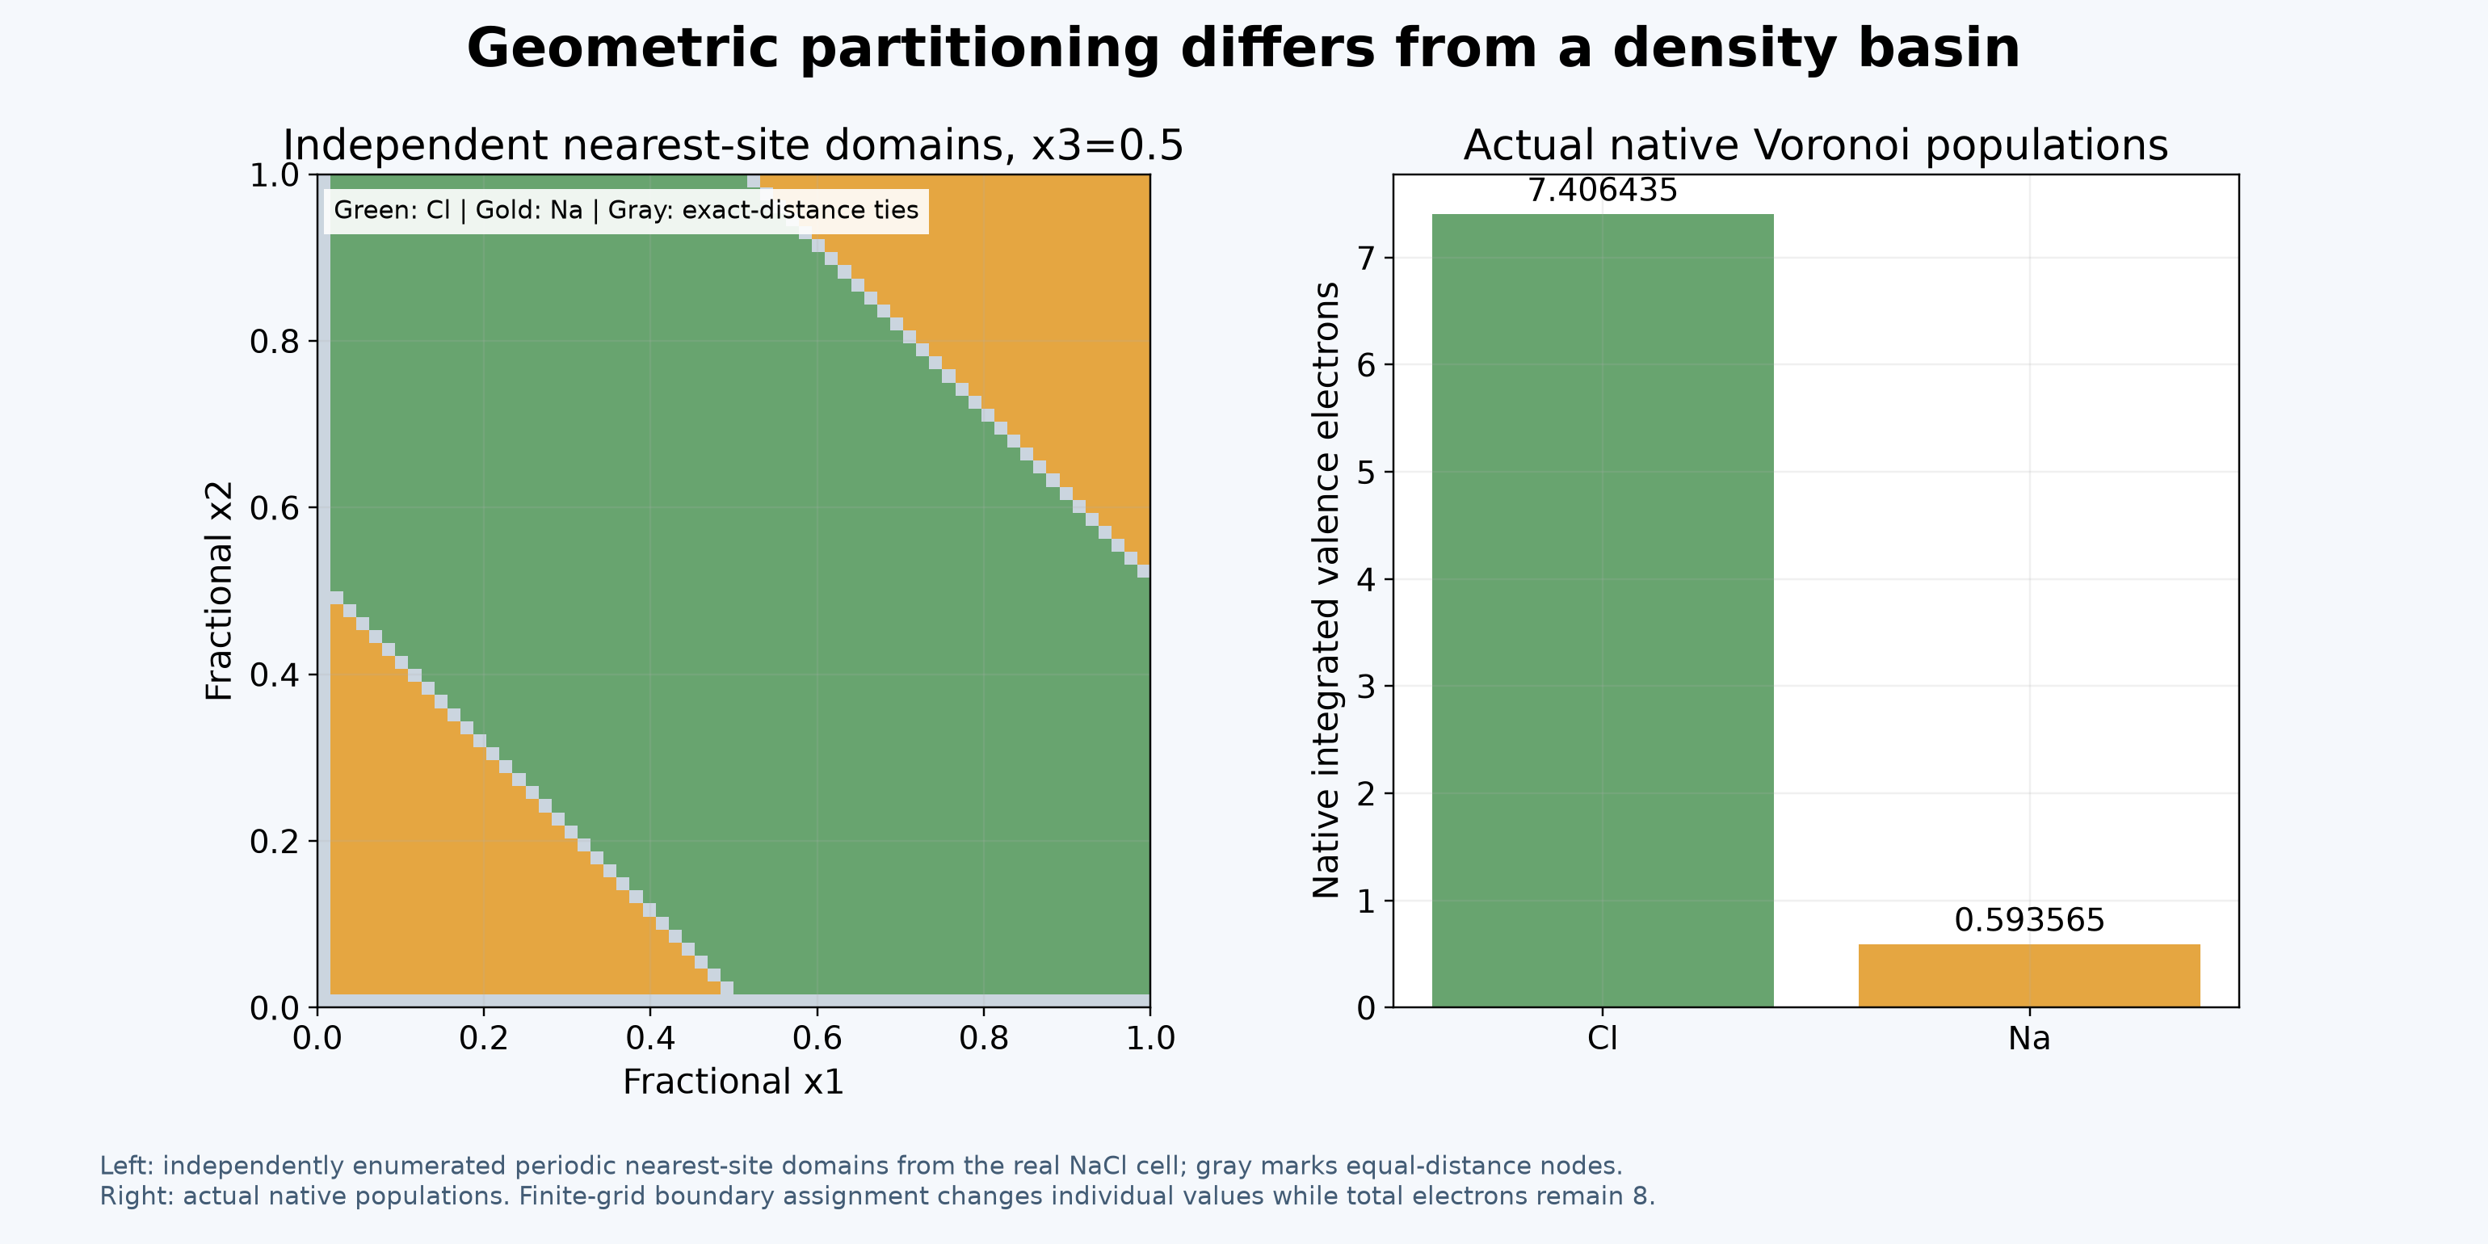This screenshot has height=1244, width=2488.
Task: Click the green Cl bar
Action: (x=1603, y=611)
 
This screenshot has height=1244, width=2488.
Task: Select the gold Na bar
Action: (x=2029, y=976)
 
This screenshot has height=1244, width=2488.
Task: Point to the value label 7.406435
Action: (x=1603, y=191)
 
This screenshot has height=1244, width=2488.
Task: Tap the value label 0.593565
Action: (x=2029, y=920)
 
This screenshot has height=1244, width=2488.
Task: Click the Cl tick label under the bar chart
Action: (x=1603, y=1038)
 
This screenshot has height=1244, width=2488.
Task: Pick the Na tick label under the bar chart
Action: (x=2029, y=1038)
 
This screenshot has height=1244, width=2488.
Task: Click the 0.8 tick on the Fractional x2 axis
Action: (x=275, y=342)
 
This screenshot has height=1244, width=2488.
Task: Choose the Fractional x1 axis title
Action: (x=733, y=1082)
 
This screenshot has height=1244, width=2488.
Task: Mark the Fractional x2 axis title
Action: (x=219, y=591)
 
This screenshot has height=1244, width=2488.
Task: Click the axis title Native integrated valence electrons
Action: (x=1326, y=590)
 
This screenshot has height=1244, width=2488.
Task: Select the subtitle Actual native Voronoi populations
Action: (x=1816, y=146)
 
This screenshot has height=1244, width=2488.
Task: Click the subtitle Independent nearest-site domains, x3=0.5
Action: (x=733, y=146)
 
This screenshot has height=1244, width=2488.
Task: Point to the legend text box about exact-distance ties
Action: (x=626, y=211)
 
